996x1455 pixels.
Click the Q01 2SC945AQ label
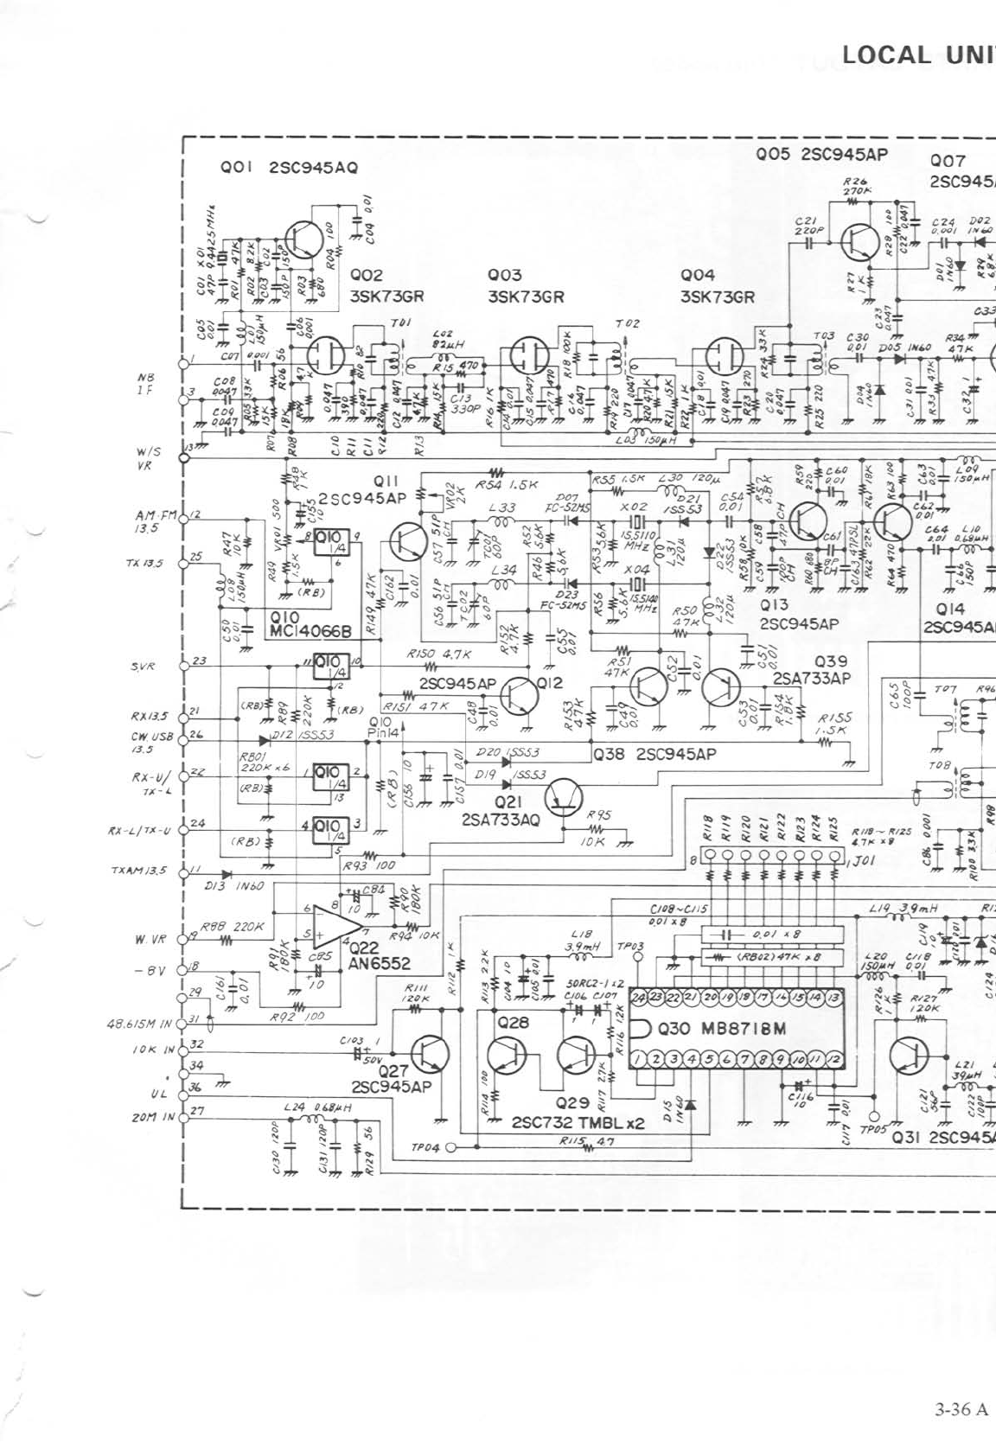coord(290,167)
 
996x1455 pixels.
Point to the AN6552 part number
coord(380,963)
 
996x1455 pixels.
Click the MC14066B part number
coord(310,631)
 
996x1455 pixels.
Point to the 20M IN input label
coord(153,1116)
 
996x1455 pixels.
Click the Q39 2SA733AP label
coord(812,670)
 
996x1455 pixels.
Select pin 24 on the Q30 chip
coord(639,998)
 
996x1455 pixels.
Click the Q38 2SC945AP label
coord(654,754)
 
